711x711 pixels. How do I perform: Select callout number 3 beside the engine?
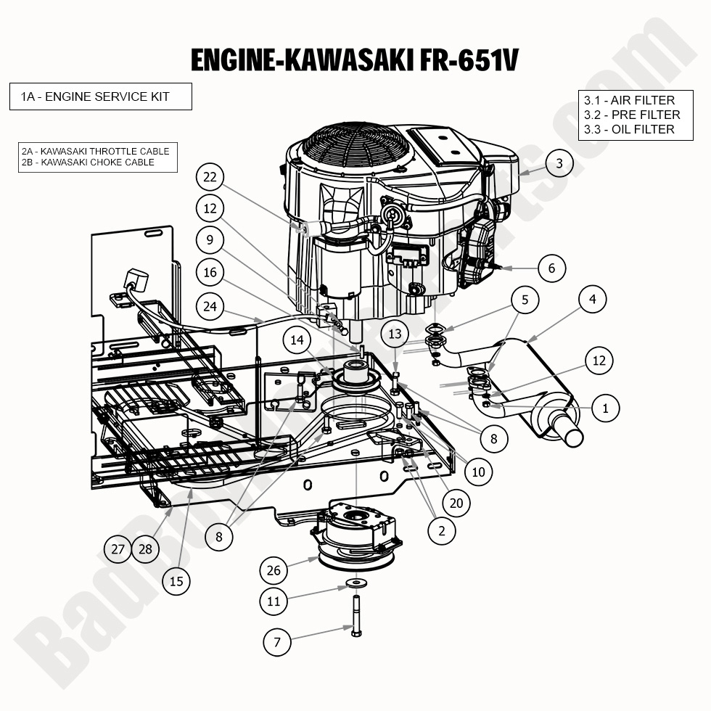[x=559, y=163]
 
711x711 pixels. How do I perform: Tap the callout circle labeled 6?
[x=551, y=268]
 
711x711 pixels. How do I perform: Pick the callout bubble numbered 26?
[x=273, y=570]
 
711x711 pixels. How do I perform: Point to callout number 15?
[x=176, y=580]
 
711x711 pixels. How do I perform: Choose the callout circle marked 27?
[x=118, y=549]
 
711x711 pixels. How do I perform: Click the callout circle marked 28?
[x=146, y=549]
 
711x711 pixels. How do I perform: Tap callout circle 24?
[x=210, y=307]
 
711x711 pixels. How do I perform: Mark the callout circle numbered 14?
[x=297, y=340]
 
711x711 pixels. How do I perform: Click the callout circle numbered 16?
[x=210, y=273]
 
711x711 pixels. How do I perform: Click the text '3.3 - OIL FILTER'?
[x=628, y=129]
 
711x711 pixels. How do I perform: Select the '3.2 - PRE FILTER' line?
[x=631, y=115]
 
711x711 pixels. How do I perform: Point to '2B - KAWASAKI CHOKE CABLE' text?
[x=88, y=162]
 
